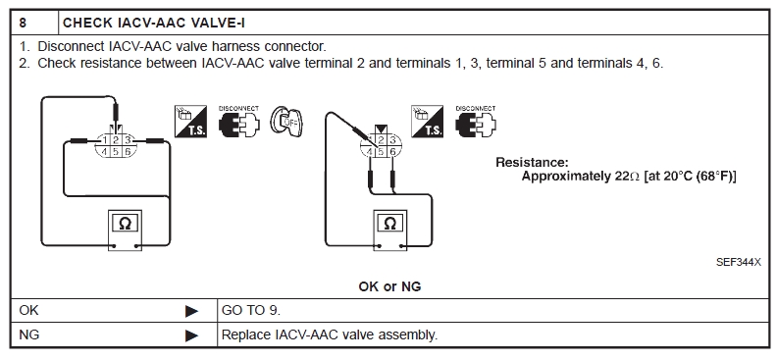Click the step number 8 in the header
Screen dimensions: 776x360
click(x=23, y=23)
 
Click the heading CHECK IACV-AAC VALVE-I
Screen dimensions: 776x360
click(x=154, y=23)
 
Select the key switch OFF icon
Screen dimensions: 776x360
click(x=286, y=122)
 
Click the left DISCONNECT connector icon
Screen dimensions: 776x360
click(x=239, y=122)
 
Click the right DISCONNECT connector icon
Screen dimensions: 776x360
click(x=476, y=122)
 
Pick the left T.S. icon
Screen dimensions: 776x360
click(x=190, y=122)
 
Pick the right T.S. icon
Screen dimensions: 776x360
click(x=427, y=122)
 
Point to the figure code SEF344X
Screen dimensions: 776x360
click(x=739, y=262)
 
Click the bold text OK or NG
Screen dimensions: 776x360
click(x=389, y=286)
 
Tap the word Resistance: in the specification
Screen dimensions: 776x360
click(x=532, y=162)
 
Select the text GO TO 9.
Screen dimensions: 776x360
click(x=251, y=311)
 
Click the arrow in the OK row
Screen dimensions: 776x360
click(x=191, y=311)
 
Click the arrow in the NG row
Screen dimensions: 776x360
click(x=191, y=335)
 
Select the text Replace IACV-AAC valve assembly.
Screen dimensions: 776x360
click(x=330, y=335)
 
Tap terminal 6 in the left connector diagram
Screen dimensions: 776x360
click(x=128, y=152)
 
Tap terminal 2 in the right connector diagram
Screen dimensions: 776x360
click(x=381, y=140)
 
